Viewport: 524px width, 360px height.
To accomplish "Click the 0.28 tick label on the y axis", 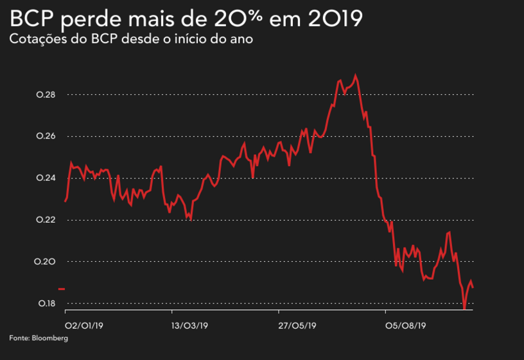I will (46, 95).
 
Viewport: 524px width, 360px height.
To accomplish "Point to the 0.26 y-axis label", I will (46, 137).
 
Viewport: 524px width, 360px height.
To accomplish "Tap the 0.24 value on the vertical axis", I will (46, 178).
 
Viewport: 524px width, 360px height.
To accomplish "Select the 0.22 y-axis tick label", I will (46, 220).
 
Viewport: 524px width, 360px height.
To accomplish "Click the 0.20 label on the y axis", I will (46, 262).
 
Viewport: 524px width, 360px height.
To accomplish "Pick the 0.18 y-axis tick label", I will (46, 304).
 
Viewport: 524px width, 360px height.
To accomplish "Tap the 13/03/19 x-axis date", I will (190, 325).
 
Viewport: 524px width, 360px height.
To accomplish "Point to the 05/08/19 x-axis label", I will (406, 325).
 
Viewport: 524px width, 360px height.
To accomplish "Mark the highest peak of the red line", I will (356, 75).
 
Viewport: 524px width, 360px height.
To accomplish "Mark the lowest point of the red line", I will (464, 309).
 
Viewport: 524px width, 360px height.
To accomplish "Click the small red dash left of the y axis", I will (62, 289).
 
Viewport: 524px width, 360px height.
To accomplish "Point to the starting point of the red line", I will (65, 201).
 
